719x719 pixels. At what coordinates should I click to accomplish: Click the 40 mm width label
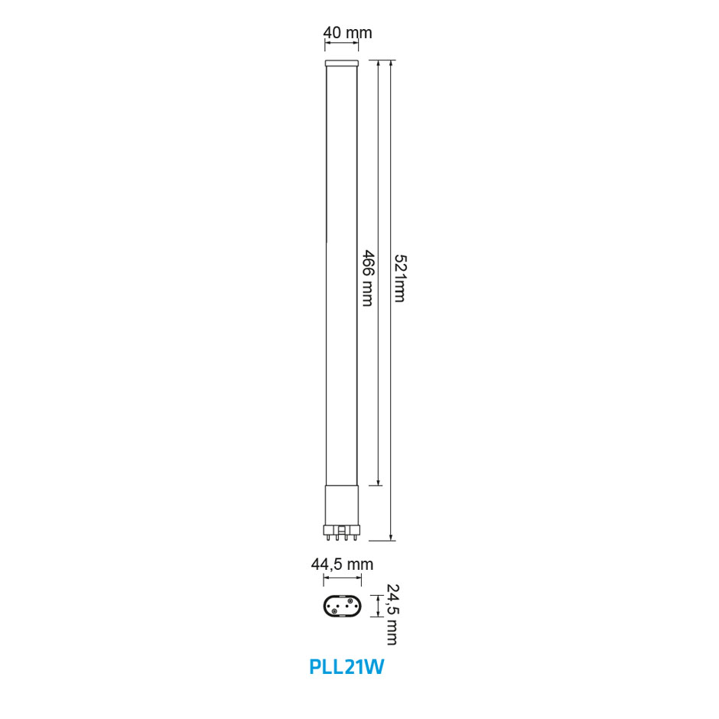tap(347, 33)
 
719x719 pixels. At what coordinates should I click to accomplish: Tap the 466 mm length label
tap(368, 278)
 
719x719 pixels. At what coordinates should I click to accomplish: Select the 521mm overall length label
tap(399, 278)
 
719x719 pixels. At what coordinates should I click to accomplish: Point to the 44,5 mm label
tap(342, 564)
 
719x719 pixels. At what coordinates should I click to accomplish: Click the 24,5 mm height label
tap(392, 614)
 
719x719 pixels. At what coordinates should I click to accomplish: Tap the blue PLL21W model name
tap(346, 667)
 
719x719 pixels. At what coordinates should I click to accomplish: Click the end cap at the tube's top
tap(342, 63)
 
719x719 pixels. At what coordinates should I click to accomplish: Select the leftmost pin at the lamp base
tap(329, 534)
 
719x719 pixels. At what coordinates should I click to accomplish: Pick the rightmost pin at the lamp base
tap(354, 534)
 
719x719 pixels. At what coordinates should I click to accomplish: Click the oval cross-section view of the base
tap(343, 607)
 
